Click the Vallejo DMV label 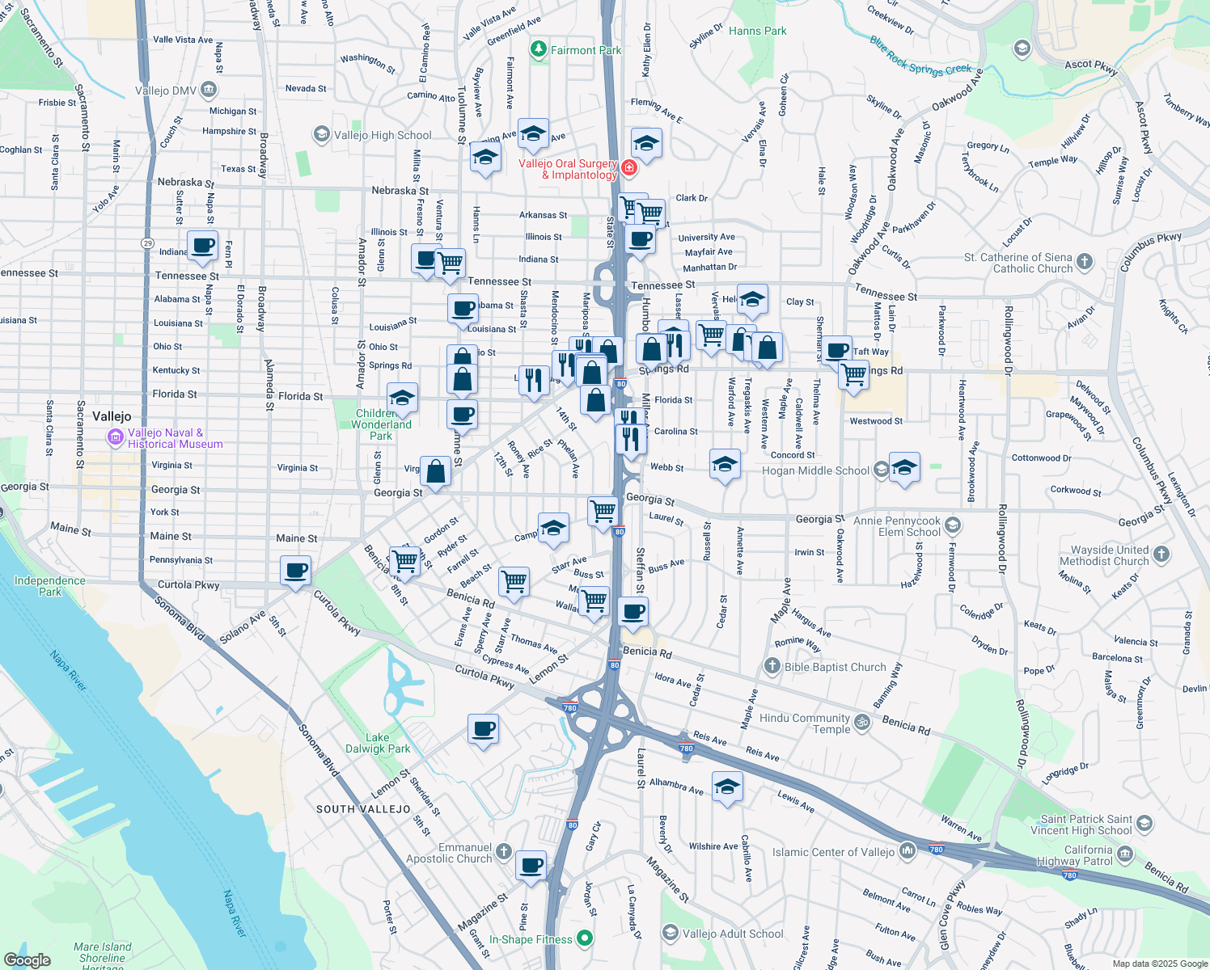point(166,91)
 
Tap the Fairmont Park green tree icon point(538,50)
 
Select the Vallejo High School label point(383,135)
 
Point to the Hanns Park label point(757,32)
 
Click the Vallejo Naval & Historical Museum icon point(116,437)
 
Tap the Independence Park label point(49,586)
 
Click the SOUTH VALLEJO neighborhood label point(363,809)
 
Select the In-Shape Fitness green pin point(585,938)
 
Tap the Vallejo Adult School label point(733,934)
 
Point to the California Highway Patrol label point(1088,855)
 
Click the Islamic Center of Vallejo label point(833,852)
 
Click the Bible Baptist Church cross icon point(772,666)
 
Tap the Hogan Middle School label point(815,470)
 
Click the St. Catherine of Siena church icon point(1085,262)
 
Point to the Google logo point(27,959)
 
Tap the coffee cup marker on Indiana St point(202,245)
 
